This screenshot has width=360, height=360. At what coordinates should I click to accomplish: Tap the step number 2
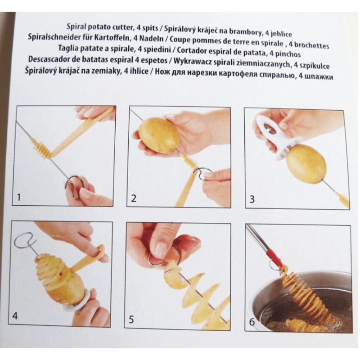tap(134, 198)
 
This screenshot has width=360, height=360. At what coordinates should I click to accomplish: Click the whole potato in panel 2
tap(158, 135)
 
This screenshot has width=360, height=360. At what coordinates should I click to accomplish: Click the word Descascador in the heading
tap(52, 61)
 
